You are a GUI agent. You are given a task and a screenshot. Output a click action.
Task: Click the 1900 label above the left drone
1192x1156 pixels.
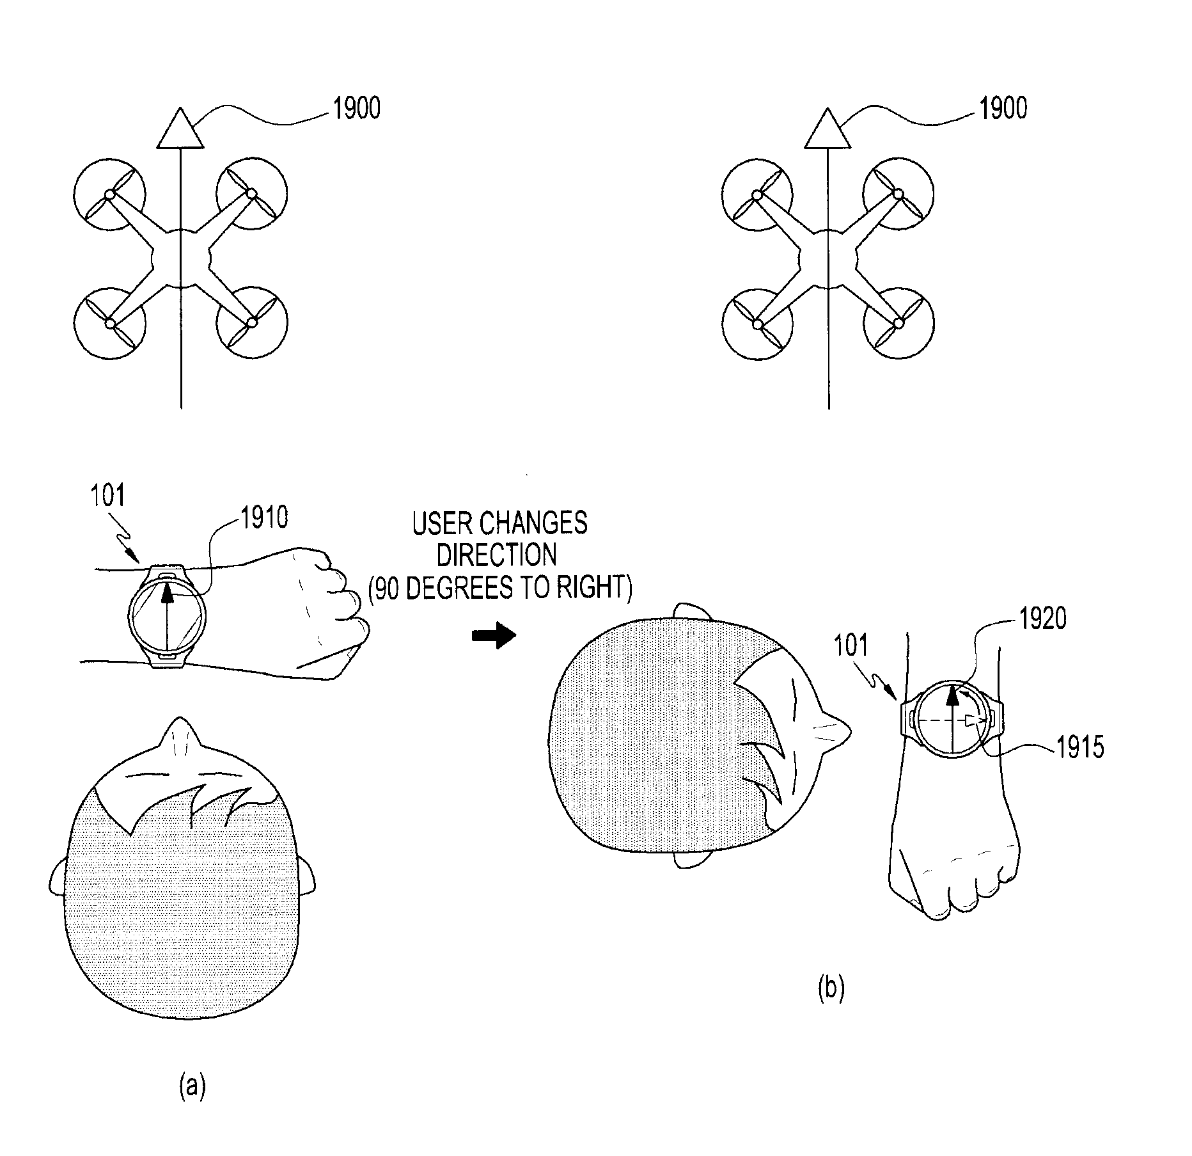(356, 108)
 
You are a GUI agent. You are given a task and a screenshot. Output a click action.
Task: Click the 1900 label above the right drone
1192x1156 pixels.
(1003, 108)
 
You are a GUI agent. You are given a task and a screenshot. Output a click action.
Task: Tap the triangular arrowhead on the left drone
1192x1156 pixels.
(181, 129)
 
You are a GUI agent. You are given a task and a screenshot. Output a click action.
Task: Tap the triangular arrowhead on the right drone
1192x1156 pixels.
(828, 129)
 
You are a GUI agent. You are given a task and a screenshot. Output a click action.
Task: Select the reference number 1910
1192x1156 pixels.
(263, 518)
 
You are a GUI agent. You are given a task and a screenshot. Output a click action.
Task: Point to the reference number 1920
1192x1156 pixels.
(1042, 619)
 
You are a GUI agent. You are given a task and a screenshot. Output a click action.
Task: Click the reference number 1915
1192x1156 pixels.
(1079, 747)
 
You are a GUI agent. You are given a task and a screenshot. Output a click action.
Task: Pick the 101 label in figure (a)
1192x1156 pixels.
(108, 496)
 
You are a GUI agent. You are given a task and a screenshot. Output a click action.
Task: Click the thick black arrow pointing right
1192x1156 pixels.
(494, 636)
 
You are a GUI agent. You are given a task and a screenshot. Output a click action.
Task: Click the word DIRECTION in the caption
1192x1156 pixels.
(497, 555)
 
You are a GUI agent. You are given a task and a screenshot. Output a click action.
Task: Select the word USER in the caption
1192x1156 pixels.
(443, 523)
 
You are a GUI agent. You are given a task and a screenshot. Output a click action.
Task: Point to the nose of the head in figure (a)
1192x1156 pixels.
(182, 735)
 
